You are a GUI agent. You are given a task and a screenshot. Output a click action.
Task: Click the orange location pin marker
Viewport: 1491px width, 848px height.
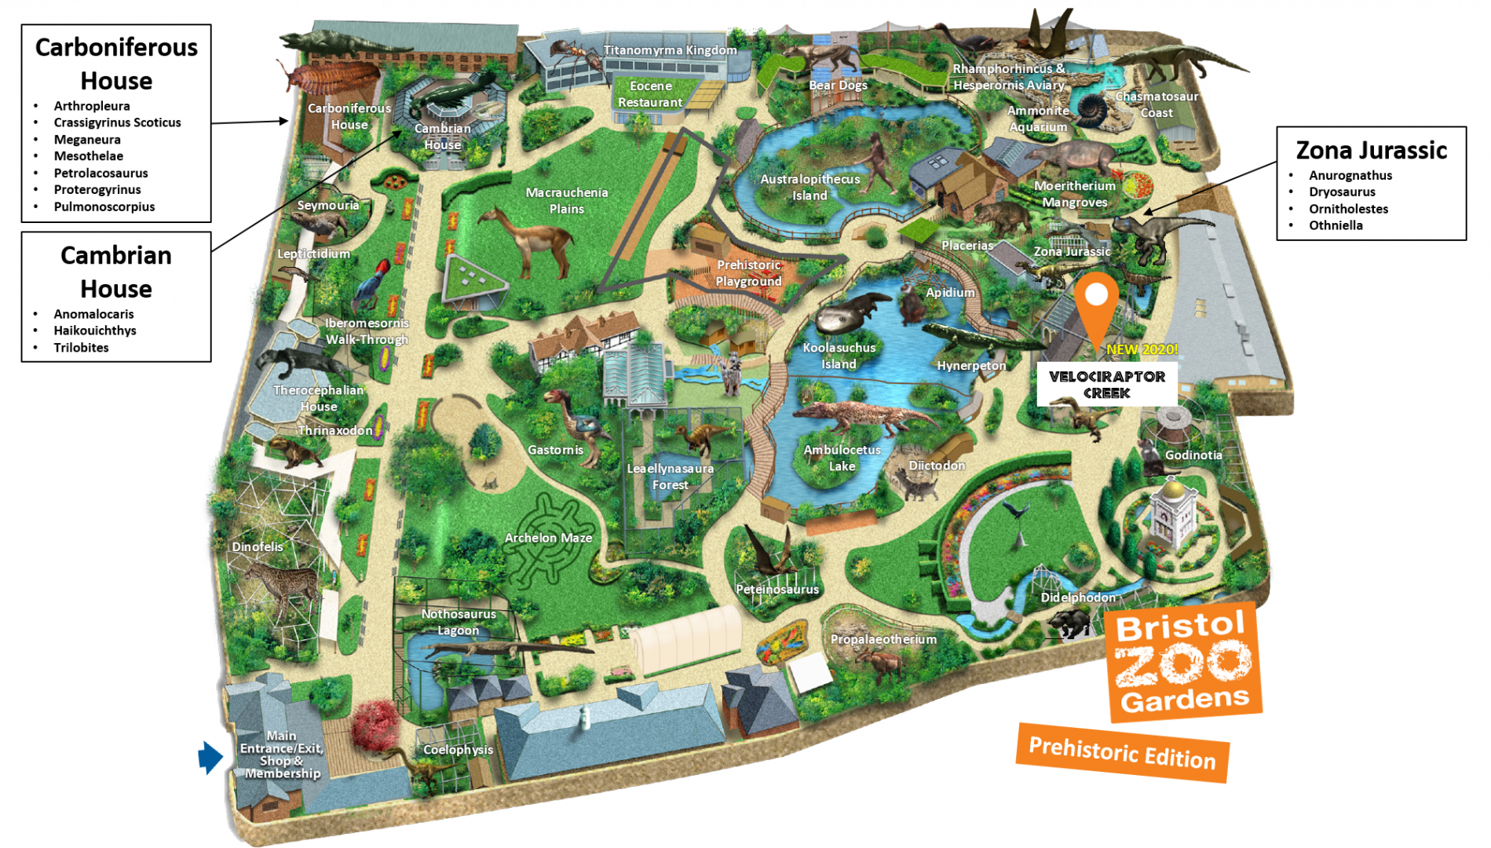coord(1096,302)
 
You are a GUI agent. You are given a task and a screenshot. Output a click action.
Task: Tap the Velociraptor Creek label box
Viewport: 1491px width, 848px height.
coord(1106,385)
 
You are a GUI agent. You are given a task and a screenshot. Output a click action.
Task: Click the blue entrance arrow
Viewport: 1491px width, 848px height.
coord(210,758)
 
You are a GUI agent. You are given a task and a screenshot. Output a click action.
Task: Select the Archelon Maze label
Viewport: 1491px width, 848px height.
coord(548,538)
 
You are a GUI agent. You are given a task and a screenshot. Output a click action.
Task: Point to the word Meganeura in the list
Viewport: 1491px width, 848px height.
coord(87,140)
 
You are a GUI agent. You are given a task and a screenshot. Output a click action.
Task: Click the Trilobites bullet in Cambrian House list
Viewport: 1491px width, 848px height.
coord(81,348)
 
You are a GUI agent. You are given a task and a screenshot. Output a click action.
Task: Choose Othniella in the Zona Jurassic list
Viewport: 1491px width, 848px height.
coord(1335,225)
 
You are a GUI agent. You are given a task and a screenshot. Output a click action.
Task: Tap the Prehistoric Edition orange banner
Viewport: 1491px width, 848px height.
coord(1122,752)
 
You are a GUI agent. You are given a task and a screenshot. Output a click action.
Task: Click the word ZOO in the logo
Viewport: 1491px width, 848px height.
coord(1182,662)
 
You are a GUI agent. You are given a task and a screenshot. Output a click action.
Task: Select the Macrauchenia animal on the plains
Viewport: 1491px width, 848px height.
coord(528,239)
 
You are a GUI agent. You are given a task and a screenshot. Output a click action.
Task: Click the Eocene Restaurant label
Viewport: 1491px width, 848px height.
coord(650,94)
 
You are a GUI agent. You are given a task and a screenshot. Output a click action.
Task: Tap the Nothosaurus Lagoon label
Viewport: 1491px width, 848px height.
coord(459,622)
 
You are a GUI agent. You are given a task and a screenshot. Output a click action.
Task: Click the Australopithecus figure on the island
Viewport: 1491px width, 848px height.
coord(875,161)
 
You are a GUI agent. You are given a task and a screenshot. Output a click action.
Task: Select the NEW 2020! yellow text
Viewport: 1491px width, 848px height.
coord(1142,349)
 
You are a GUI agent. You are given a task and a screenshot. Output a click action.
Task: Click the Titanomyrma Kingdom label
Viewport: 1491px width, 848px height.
coord(670,50)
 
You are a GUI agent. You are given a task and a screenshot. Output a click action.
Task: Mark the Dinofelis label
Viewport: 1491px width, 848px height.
coord(258,546)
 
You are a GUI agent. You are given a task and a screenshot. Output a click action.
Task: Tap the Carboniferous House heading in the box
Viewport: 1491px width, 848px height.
coord(116,64)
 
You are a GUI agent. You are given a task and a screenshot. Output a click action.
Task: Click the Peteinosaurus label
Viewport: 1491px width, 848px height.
coord(777,589)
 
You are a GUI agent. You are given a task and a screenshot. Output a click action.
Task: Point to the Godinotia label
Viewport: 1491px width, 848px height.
coord(1193,455)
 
